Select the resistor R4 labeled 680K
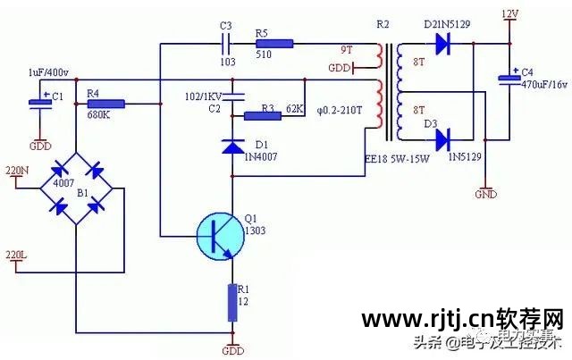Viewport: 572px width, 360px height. (105, 105)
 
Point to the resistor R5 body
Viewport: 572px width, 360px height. (273, 43)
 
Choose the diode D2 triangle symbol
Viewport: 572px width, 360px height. (440, 45)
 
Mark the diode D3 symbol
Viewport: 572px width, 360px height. (440, 138)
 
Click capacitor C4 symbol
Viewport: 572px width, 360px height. (508, 80)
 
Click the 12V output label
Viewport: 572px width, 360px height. (509, 13)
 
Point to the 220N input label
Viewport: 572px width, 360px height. (17, 170)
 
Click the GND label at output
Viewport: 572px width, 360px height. (485, 193)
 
